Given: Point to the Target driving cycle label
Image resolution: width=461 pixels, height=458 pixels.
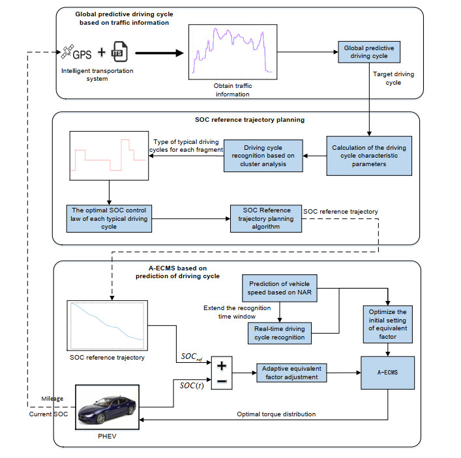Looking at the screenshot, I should pyautogui.click(x=393, y=79).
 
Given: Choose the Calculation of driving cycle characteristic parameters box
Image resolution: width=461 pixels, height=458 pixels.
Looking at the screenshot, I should pyautogui.click(x=369, y=156).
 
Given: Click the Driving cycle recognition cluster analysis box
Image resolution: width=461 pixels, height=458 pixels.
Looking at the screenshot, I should pyautogui.click(x=263, y=155).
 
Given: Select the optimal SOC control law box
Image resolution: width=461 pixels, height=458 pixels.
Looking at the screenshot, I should pyautogui.click(x=109, y=219).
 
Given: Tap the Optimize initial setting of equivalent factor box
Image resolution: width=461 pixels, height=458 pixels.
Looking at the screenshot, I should pyautogui.click(x=388, y=324).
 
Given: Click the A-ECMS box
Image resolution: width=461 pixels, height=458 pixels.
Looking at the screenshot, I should pyautogui.click(x=388, y=374).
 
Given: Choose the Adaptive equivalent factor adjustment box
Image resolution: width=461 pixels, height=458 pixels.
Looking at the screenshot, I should pyautogui.click(x=290, y=373).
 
